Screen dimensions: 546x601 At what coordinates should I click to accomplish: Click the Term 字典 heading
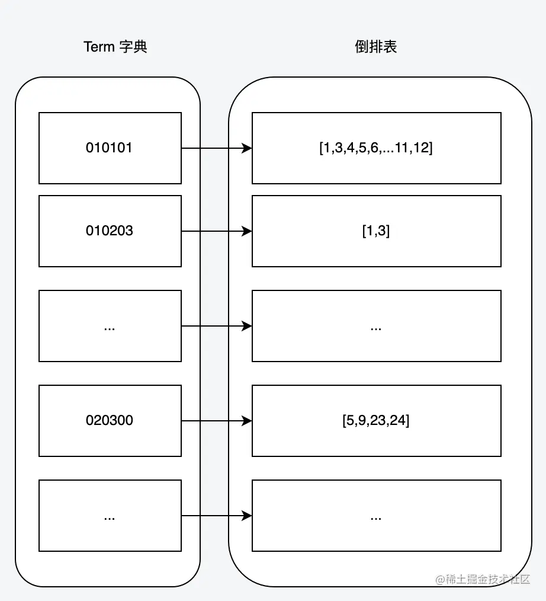pos(115,47)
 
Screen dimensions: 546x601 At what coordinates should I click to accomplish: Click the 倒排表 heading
pos(375,47)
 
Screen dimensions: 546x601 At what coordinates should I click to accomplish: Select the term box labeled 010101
pos(110,148)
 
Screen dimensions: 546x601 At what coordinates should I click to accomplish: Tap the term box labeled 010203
pos(110,231)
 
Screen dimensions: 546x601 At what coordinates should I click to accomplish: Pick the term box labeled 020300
pos(110,421)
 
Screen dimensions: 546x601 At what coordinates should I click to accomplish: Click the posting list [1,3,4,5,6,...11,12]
pos(377,148)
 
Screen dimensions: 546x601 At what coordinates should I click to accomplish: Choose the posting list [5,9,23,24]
pos(377,421)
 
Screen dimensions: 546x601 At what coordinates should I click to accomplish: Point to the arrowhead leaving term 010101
pos(247,148)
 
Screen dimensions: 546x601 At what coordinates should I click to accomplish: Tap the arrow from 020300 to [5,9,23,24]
pos(217,421)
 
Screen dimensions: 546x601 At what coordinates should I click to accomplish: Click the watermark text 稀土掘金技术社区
pos(488,579)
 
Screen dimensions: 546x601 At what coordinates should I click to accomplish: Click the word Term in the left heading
pos(99,47)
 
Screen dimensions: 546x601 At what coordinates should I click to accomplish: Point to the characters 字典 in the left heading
pos(133,47)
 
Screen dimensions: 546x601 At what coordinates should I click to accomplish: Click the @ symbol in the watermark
pos(441,580)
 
